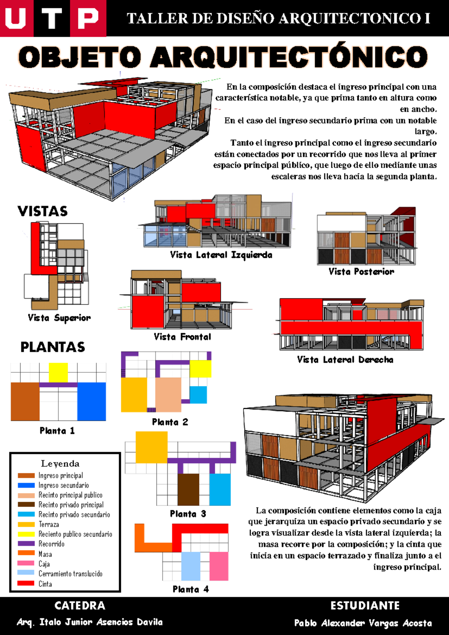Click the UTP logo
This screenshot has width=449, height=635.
(53, 18)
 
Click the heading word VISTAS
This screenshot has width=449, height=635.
(43, 211)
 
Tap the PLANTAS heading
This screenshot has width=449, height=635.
(53, 347)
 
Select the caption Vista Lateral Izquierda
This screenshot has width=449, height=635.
(221, 255)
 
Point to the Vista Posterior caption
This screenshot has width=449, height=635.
(361, 271)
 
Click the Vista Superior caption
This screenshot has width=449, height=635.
(59, 318)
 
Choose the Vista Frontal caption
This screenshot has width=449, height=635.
(183, 337)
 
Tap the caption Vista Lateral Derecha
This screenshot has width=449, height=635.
(345, 360)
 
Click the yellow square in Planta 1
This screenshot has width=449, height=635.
(58, 373)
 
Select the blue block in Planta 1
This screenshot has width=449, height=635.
(92, 401)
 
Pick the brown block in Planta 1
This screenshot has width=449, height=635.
(25, 401)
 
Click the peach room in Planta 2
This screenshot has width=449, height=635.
(168, 395)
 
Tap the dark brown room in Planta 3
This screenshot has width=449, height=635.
(188, 490)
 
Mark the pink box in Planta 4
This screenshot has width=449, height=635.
(219, 566)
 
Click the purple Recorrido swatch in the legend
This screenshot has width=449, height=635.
(26, 544)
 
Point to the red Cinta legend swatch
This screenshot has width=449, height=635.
(26, 583)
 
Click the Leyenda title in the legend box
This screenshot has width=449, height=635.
(60, 464)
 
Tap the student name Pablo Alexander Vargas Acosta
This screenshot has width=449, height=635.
(363, 623)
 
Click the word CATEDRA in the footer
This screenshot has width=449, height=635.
(80, 606)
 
